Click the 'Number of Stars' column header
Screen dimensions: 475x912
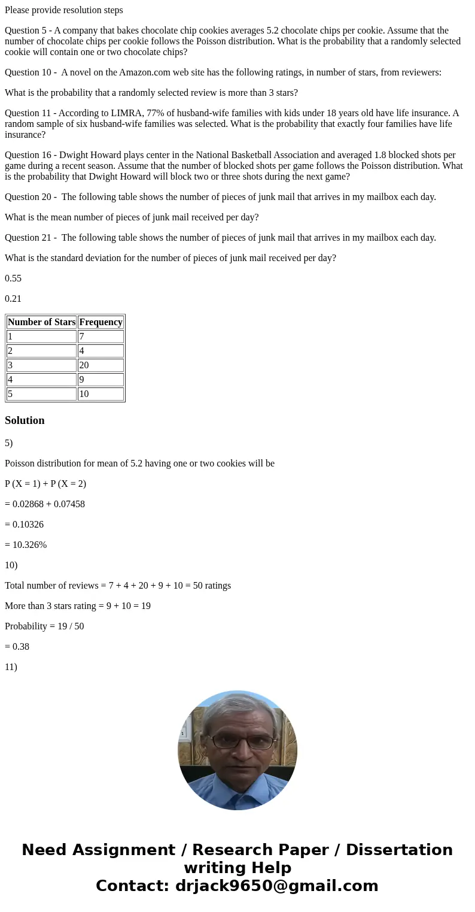(x=41, y=322)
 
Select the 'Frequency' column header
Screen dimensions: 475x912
(x=101, y=322)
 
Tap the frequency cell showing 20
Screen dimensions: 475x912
(x=101, y=365)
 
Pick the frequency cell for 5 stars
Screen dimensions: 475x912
(x=101, y=394)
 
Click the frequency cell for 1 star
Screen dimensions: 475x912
(x=101, y=337)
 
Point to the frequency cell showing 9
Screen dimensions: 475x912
(x=101, y=380)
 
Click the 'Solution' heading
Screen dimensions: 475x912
(x=25, y=420)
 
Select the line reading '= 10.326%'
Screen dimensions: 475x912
(x=26, y=545)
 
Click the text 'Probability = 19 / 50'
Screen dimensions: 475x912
(x=44, y=626)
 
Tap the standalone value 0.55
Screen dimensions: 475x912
(x=13, y=278)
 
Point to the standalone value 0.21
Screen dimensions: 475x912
(x=13, y=299)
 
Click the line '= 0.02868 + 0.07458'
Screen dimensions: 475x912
(x=45, y=504)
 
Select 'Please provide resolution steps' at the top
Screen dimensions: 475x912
(x=64, y=10)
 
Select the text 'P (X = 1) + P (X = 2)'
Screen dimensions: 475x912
(x=45, y=484)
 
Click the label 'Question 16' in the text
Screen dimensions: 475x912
(x=29, y=155)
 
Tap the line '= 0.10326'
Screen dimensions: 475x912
(x=24, y=525)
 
